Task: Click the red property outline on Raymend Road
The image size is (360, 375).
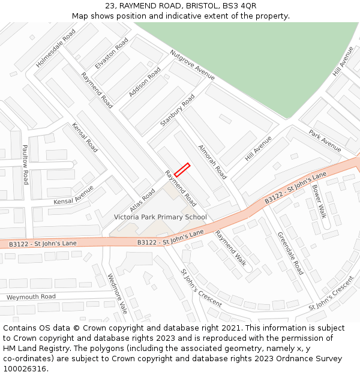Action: pyautogui.click(x=182, y=170)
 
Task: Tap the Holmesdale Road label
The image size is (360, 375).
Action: pyautogui.click(x=56, y=48)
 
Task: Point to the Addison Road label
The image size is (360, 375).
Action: pyautogui.click(x=145, y=82)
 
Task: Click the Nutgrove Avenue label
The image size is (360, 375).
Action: pyautogui.click(x=192, y=65)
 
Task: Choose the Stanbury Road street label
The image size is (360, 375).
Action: pyautogui.click(x=178, y=110)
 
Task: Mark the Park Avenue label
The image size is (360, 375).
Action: pyautogui.click(x=325, y=141)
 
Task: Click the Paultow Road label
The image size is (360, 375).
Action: pyautogui.click(x=25, y=164)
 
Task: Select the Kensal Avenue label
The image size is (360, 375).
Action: pyautogui.click(x=74, y=194)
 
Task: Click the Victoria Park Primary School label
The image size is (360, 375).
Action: pyautogui.click(x=160, y=217)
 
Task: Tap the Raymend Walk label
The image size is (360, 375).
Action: pyautogui.click(x=231, y=247)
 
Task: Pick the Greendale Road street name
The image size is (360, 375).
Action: pyautogui.click(x=290, y=254)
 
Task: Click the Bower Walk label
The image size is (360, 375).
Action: pyautogui.click(x=319, y=201)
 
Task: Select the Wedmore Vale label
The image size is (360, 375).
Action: pyautogui.click(x=118, y=294)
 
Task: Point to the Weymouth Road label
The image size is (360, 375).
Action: pyautogui.click(x=31, y=297)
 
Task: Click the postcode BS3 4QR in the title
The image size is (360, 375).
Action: pyautogui.click(x=241, y=5)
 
